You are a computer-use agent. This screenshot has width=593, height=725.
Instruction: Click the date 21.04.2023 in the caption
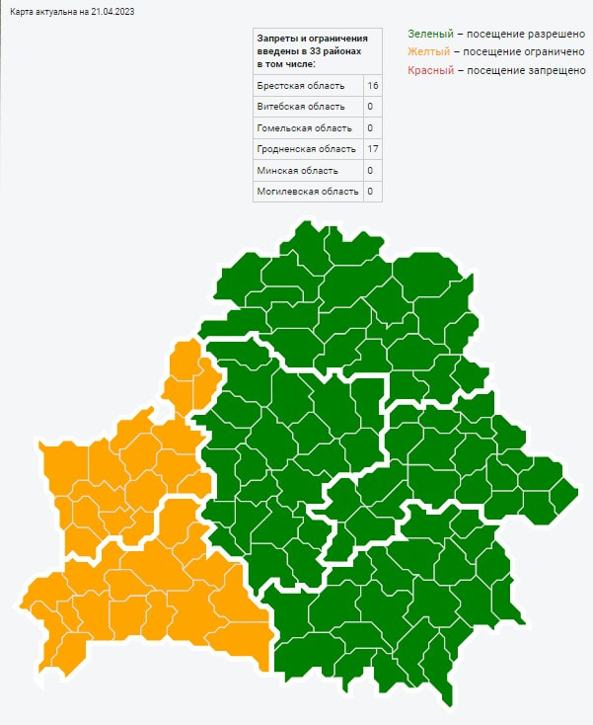click(x=111, y=11)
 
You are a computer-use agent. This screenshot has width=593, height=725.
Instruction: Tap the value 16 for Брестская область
click(x=372, y=86)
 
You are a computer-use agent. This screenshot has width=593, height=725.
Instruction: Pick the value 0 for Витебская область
click(x=370, y=107)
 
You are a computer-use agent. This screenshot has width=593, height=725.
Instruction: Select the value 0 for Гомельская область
click(x=370, y=128)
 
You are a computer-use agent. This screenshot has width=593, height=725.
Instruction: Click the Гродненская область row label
click(x=306, y=149)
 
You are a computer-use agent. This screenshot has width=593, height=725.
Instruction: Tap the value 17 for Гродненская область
click(x=372, y=149)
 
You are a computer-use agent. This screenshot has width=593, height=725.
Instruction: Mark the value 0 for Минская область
click(x=370, y=170)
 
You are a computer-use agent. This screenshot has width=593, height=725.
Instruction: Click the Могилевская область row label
click(x=307, y=191)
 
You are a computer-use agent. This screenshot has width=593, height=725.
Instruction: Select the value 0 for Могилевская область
click(x=370, y=191)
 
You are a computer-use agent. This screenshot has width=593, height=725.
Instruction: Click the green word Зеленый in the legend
click(x=429, y=33)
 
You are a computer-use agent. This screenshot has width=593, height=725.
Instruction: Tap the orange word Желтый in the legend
click(x=427, y=51)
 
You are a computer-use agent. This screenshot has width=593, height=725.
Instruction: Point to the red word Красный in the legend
click(x=430, y=70)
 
